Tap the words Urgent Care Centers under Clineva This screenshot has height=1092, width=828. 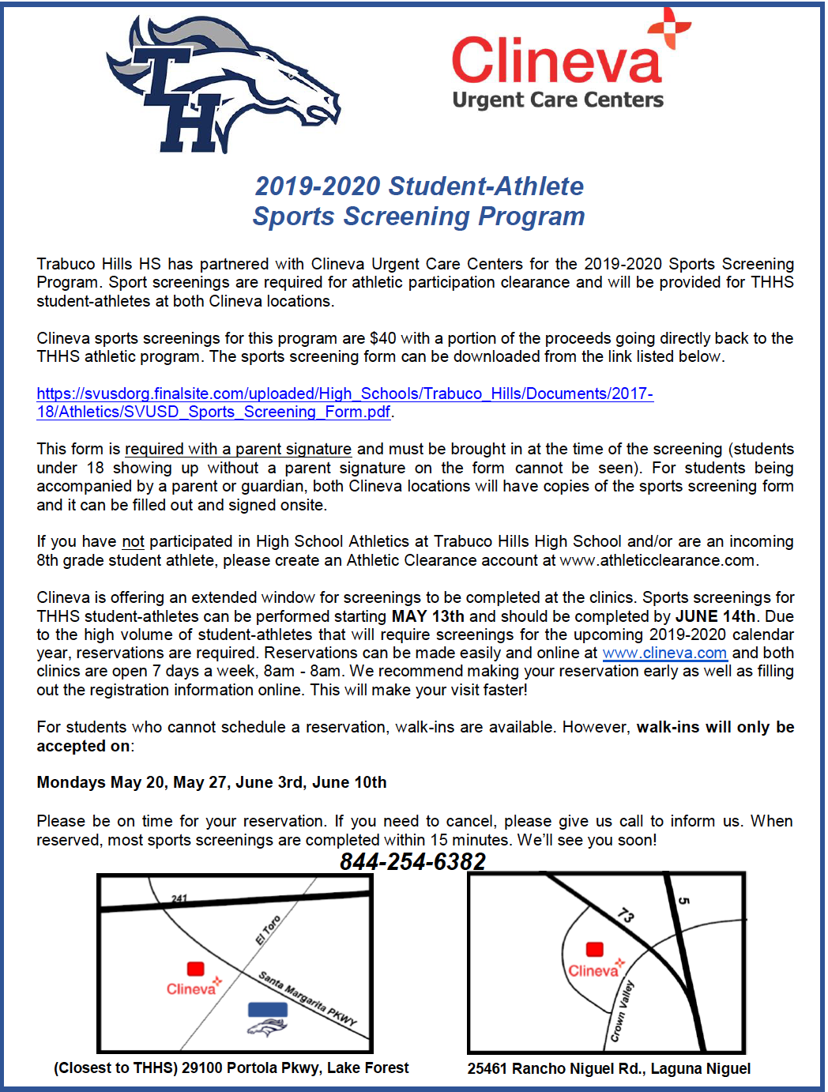coord(558,100)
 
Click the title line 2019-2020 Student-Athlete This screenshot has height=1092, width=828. coord(419,186)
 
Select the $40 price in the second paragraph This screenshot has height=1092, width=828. coord(382,338)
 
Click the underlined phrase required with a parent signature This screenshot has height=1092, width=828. coord(238,449)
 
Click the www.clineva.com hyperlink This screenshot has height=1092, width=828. coord(664,653)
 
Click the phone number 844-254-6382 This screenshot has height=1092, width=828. coord(412,861)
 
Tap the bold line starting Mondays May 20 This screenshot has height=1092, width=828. coord(212,782)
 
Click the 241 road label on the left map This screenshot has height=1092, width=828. coord(179,898)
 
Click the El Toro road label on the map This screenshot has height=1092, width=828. coord(268,930)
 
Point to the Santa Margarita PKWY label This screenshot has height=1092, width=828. coord(308,998)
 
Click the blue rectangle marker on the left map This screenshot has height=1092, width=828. coord(267,1009)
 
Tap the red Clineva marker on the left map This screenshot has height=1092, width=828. coord(195,969)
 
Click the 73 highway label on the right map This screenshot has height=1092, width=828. coord(626,915)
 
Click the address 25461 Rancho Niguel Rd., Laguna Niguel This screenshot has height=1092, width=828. coord(608,1068)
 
